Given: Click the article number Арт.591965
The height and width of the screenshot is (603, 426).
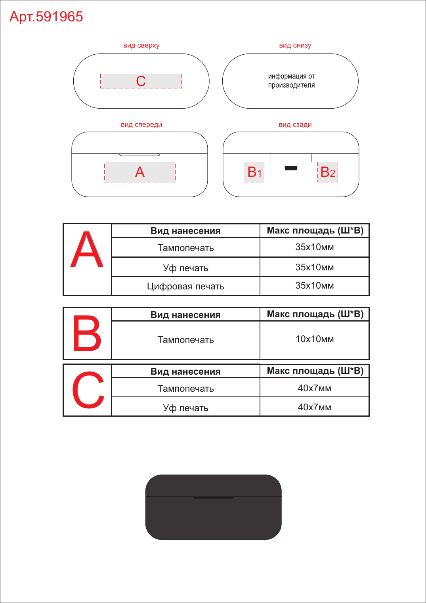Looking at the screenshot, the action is click(x=46, y=17).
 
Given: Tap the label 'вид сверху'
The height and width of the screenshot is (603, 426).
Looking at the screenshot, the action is click(x=141, y=45).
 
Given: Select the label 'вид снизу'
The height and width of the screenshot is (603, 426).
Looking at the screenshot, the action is click(x=295, y=45).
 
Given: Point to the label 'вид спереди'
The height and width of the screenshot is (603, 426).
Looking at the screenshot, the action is click(x=141, y=124).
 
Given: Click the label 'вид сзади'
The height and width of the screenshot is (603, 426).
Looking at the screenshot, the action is click(x=295, y=124).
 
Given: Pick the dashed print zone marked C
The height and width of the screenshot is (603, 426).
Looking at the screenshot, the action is click(x=141, y=81).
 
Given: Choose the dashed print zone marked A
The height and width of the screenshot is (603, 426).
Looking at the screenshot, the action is click(x=140, y=172).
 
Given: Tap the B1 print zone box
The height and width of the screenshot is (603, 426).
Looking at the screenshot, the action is click(x=254, y=172).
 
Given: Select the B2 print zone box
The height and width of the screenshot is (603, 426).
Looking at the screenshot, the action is click(x=327, y=172).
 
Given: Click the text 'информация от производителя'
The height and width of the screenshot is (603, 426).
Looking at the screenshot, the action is click(x=291, y=81).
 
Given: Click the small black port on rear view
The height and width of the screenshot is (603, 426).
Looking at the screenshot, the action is click(x=291, y=168).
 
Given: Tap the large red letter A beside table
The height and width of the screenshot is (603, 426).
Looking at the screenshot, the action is click(x=87, y=249).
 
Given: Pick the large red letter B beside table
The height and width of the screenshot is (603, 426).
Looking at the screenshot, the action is click(x=87, y=333).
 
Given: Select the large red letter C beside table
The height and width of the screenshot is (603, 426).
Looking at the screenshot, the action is click(x=88, y=390).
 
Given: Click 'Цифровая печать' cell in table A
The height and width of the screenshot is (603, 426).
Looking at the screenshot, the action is click(x=186, y=286).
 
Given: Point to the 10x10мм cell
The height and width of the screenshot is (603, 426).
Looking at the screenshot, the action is click(x=315, y=339).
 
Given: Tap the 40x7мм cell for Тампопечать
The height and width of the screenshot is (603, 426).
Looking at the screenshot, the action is click(x=315, y=388).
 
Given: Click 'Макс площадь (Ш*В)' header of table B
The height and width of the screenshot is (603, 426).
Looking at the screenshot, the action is click(x=315, y=314).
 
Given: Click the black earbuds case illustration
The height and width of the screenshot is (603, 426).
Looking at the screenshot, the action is click(x=214, y=507).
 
